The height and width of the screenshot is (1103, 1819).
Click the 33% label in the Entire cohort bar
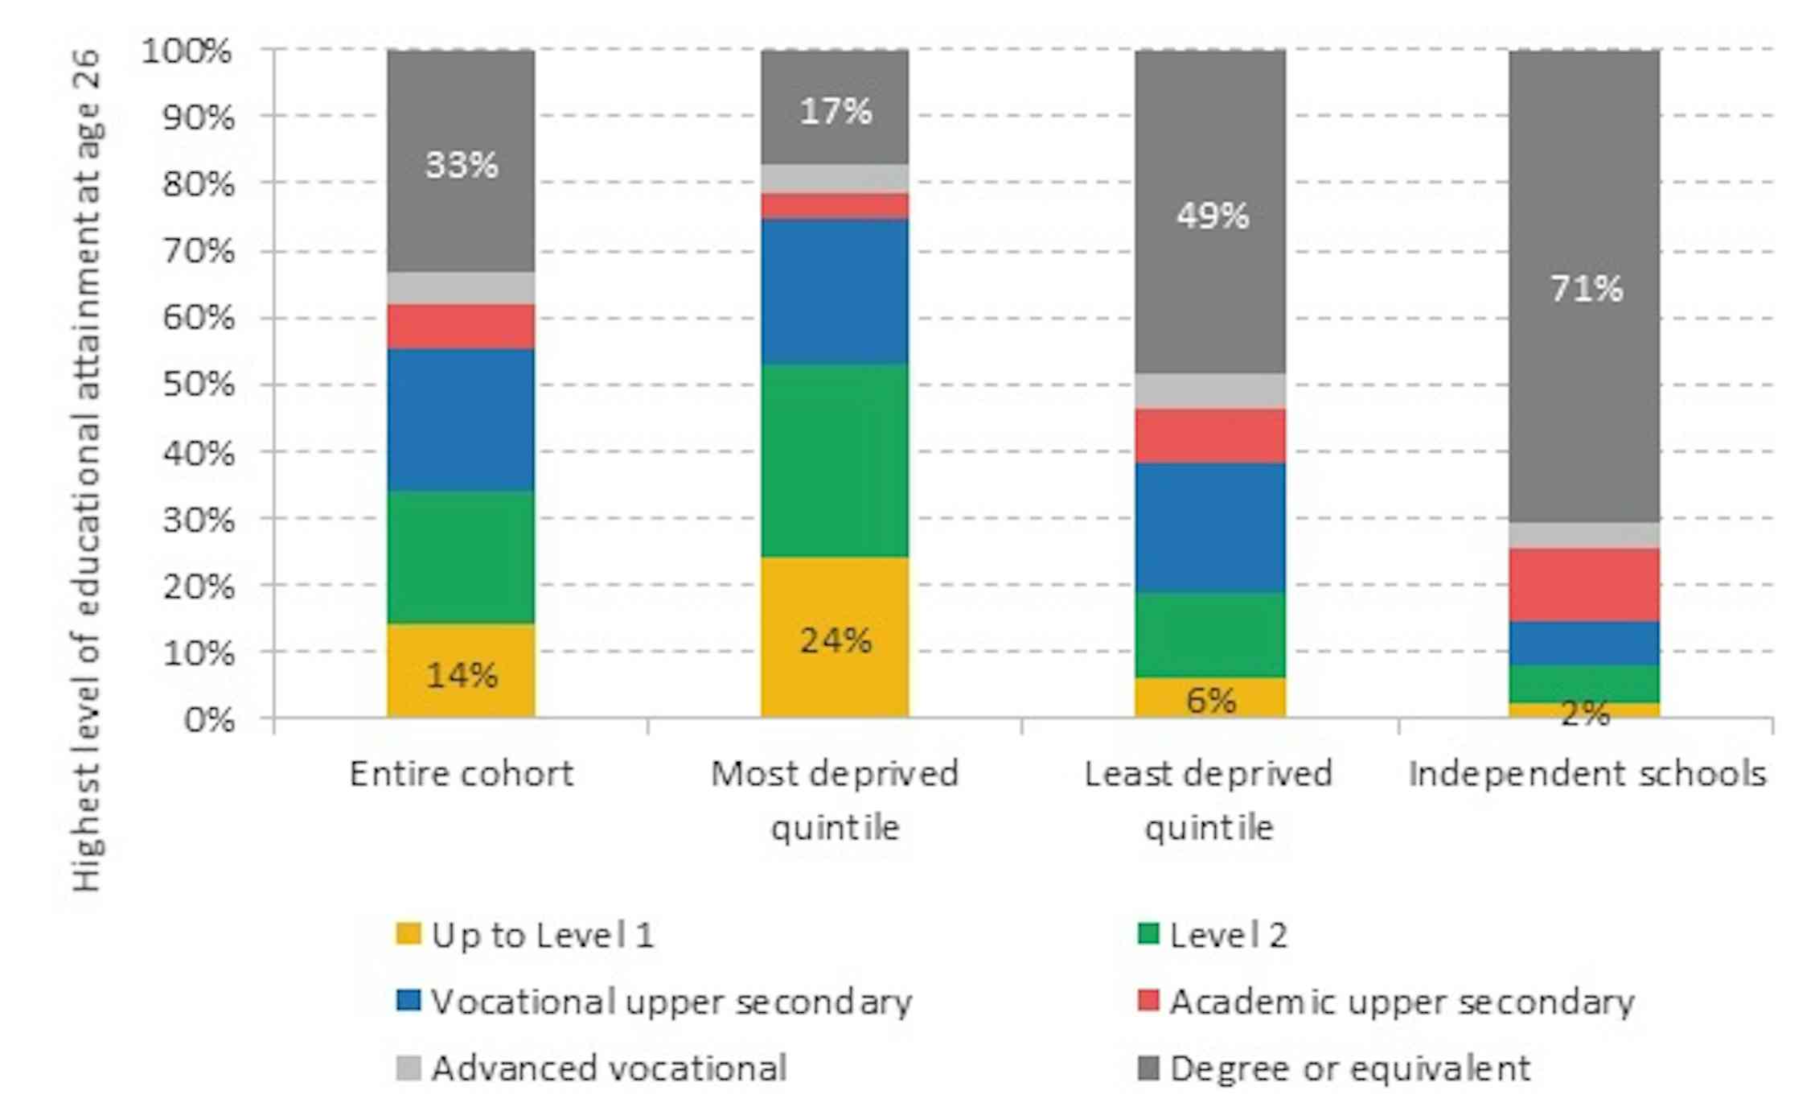click(x=462, y=166)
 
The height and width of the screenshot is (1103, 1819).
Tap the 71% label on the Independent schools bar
click(x=1586, y=289)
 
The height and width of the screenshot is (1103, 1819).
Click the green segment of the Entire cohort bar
click(x=461, y=557)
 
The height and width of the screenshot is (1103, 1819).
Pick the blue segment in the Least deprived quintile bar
click(x=1210, y=528)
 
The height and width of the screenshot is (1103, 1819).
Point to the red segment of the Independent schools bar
click(x=1584, y=585)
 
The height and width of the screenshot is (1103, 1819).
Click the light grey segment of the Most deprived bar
click(x=835, y=178)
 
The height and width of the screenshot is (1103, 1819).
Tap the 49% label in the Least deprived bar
click(x=1212, y=216)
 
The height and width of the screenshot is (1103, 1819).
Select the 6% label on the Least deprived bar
click(x=1210, y=701)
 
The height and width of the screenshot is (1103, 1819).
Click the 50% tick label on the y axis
click(x=198, y=385)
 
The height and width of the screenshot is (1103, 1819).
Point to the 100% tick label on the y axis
click(x=187, y=51)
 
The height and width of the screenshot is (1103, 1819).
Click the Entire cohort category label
click(x=462, y=775)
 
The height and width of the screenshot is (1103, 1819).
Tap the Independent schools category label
click(x=1587, y=775)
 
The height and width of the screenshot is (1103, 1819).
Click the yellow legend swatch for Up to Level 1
click(x=409, y=934)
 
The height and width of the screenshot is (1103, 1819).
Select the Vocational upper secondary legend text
click(x=671, y=1002)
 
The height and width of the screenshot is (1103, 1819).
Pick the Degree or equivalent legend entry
click(x=1349, y=1069)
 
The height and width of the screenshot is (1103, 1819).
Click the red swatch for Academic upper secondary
click(x=1148, y=1001)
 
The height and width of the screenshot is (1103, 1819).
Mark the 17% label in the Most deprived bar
click(x=835, y=112)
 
